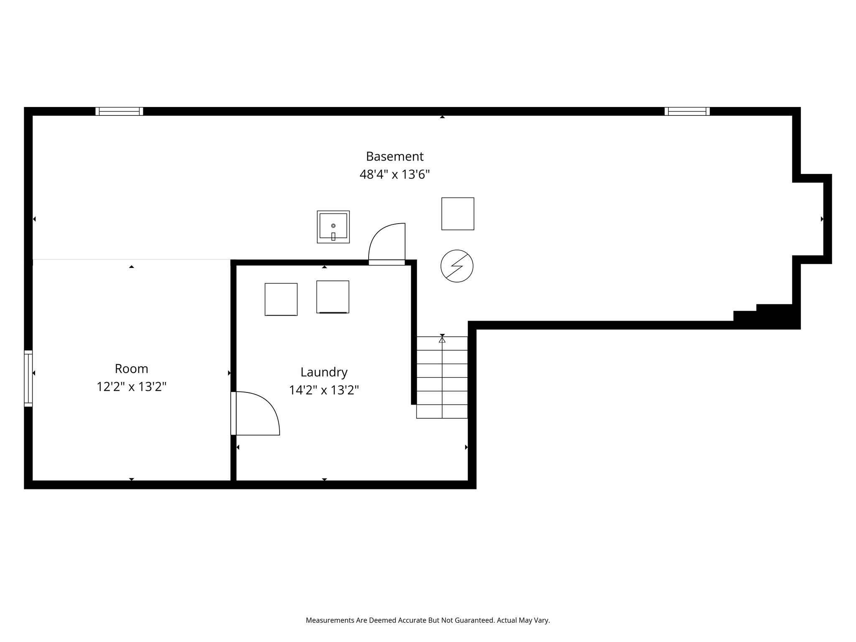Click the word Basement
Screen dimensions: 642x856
pyautogui.click(x=395, y=156)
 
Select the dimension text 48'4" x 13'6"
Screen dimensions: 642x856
pyautogui.click(x=395, y=174)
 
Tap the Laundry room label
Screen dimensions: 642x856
pyautogui.click(x=324, y=372)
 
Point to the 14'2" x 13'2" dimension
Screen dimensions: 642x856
pyautogui.click(x=324, y=390)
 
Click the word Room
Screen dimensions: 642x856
pyautogui.click(x=131, y=369)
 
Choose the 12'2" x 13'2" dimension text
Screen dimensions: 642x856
pyautogui.click(x=131, y=387)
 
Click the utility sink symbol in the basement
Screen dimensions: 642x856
pyautogui.click(x=333, y=227)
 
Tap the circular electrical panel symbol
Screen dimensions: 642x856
pyautogui.click(x=457, y=266)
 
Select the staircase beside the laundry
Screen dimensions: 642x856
pyautogui.click(x=442, y=377)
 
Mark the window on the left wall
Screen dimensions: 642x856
pyautogui.click(x=28, y=378)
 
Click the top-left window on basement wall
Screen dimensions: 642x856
pyautogui.click(x=119, y=111)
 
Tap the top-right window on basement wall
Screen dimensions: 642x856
pyautogui.click(x=687, y=111)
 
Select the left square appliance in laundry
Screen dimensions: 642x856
pyautogui.click(x=281, y=299)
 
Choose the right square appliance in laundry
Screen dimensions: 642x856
pyautogui.click(x=333, y=297)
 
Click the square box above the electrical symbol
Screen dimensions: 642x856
pyautogui.click(x=458, y=214)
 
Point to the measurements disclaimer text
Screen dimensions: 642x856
pyautogui.click(x=428, y=620)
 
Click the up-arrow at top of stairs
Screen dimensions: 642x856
pyautogui.click(x=442, y=340)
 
